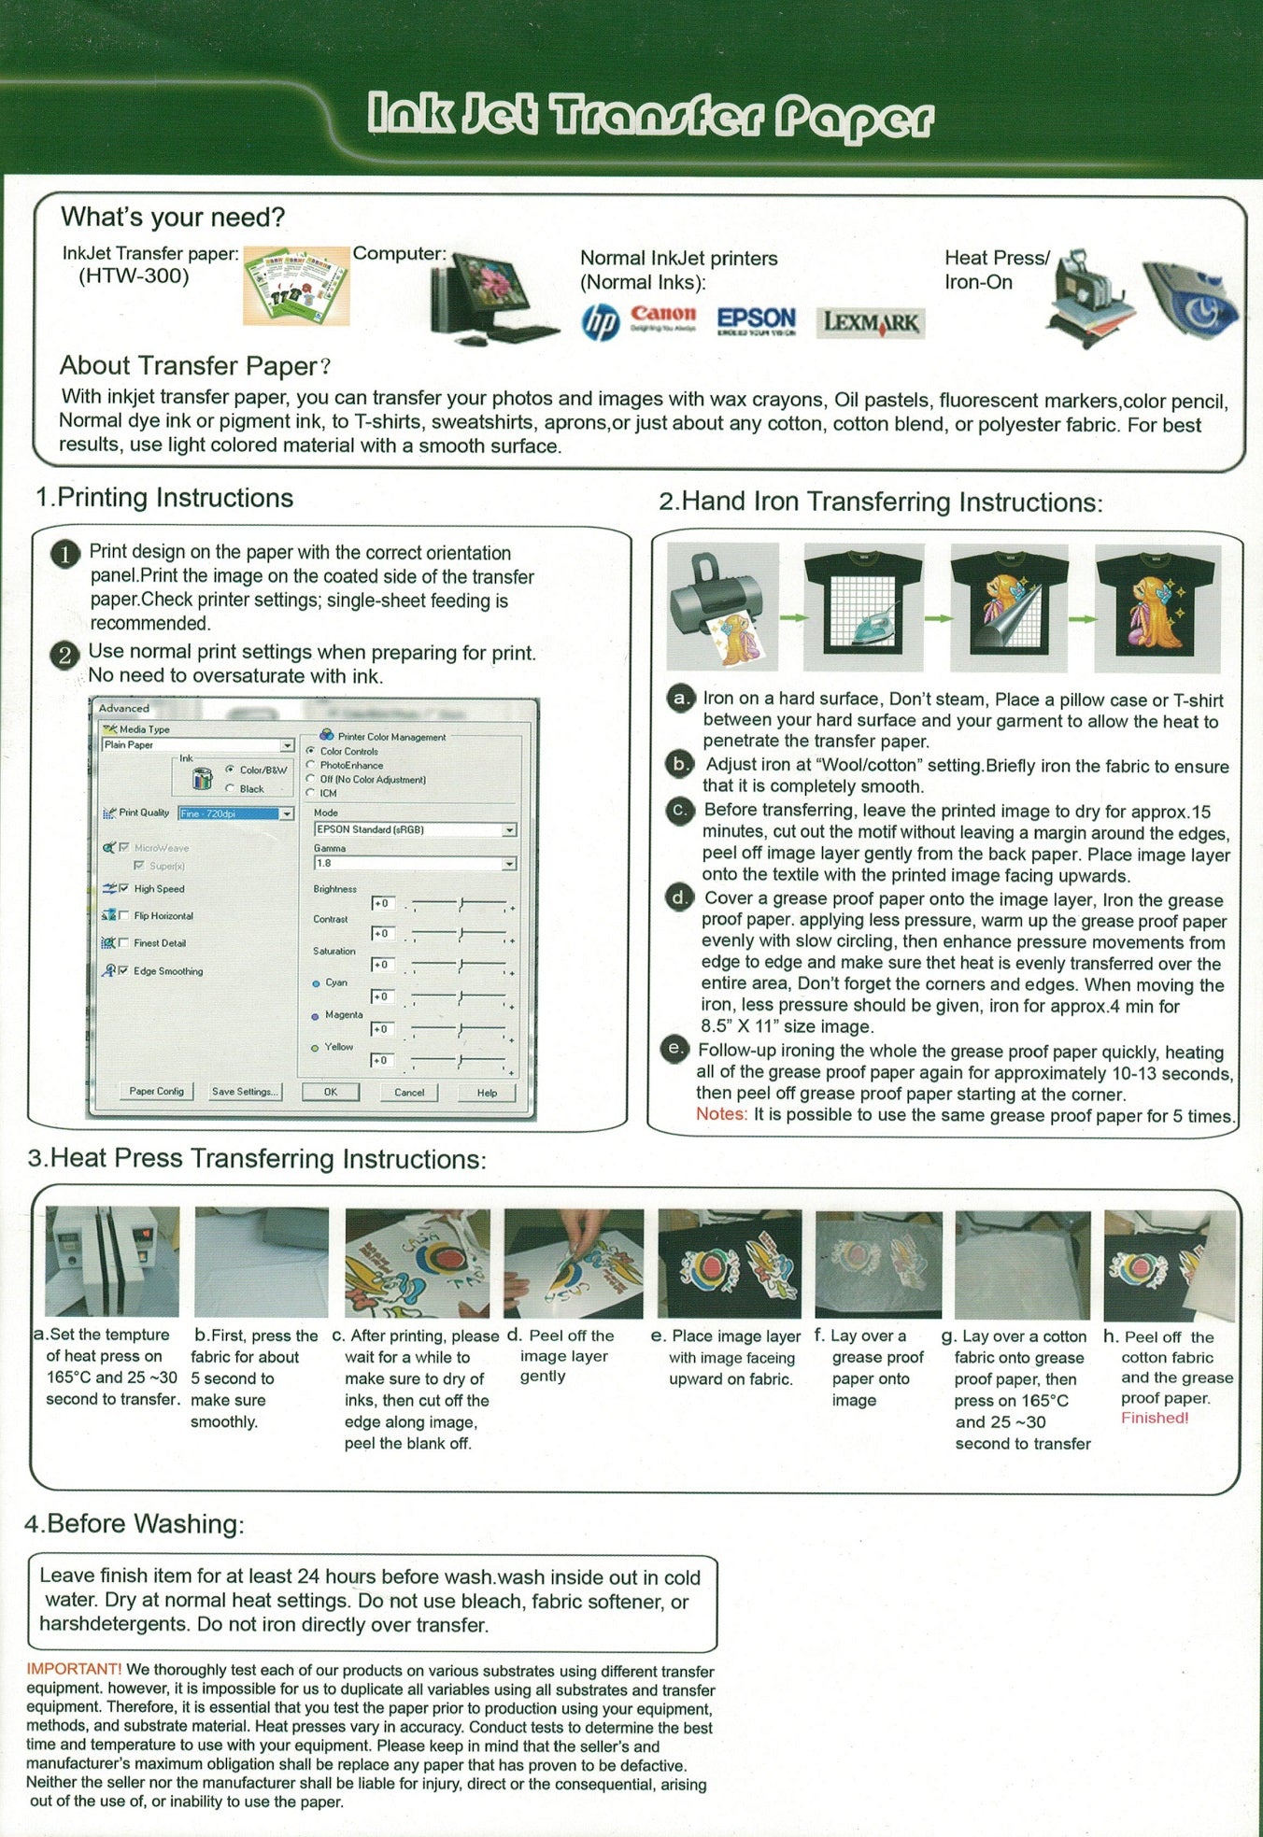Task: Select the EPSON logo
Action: pos(757,321)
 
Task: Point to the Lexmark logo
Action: pos(871,323)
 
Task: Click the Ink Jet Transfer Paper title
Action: pos(651,117)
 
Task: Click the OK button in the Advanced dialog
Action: pos(330,1092)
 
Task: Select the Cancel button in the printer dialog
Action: pos(409,1092)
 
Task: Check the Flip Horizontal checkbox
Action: pos(124,916)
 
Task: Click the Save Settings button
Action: pos(245,1092)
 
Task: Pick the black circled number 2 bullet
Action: pos(64,655)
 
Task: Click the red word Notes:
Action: pos(721,1114)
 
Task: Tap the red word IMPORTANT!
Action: pos(74,1669)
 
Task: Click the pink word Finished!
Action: pos(1155,1418)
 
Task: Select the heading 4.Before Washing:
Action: pos(135,1524)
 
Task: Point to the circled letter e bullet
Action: pos(674,1049)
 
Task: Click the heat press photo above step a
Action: pos(112,1262)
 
